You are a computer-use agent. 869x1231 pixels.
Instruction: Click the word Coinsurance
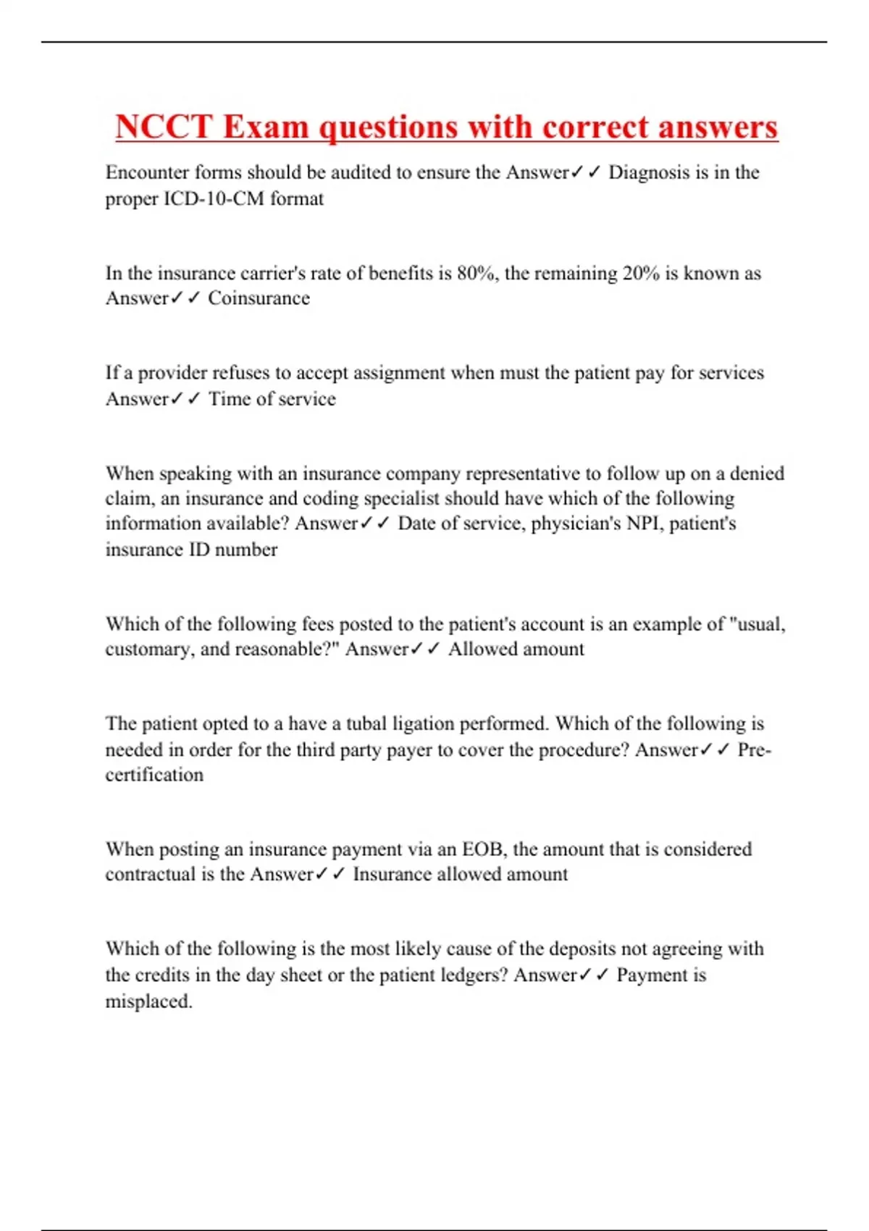coord(259,298)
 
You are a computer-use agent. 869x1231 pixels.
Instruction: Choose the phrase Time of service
coord(272,399)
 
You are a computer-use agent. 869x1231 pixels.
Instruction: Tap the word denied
coord(757,474)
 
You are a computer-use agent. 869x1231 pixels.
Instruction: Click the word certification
coord(154,775)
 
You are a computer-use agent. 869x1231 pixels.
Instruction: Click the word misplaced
coord(148,1001)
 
